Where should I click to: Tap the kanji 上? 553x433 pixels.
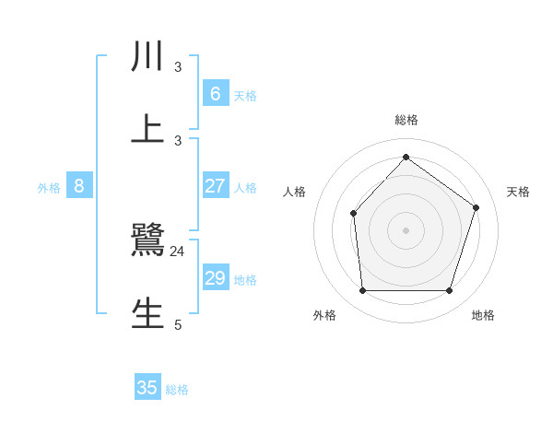pyautogui.click(x=148, y=130)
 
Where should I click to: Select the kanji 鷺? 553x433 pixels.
pyautogui.click(x=148, y=240)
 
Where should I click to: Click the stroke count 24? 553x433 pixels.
pyautogui.click(x=178, y=251)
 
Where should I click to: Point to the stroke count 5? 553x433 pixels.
pyautogui.click(x=178, y=324)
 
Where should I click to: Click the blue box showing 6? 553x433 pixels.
pyautogui.click(x=215, y=94)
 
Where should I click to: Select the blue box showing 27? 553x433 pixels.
pyautogui.click(x=215, y=186)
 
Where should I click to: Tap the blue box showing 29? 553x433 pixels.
pyautogui.click(x=215, y=278)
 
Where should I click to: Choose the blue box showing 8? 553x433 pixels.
pyautogui.click(x=79, y=186)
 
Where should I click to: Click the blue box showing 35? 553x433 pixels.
pyautogui.click(x=147, y=388)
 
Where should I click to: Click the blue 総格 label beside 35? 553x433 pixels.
pyautogui.click(x=177, y=390)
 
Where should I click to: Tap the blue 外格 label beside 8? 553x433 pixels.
pyautogui.click(x=49, y=188)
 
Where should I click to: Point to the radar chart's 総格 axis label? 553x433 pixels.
pyautogui.click(x=406, y=120)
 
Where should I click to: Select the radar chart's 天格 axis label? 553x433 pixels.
pyautogui.click(x=519, y=192)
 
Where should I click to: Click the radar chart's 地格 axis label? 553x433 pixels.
pyautogui.click(x=483, y=315)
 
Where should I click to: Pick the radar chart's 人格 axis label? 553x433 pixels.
pyautogui.click(x=295, y=192)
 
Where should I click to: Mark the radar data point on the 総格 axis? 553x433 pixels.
pyautogui.click(x=406, y=158)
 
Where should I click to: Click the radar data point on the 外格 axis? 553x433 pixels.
pyautogui.click(x=362, y=291)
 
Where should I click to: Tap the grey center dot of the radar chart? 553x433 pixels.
pyautogui.click(x=406, y=230)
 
